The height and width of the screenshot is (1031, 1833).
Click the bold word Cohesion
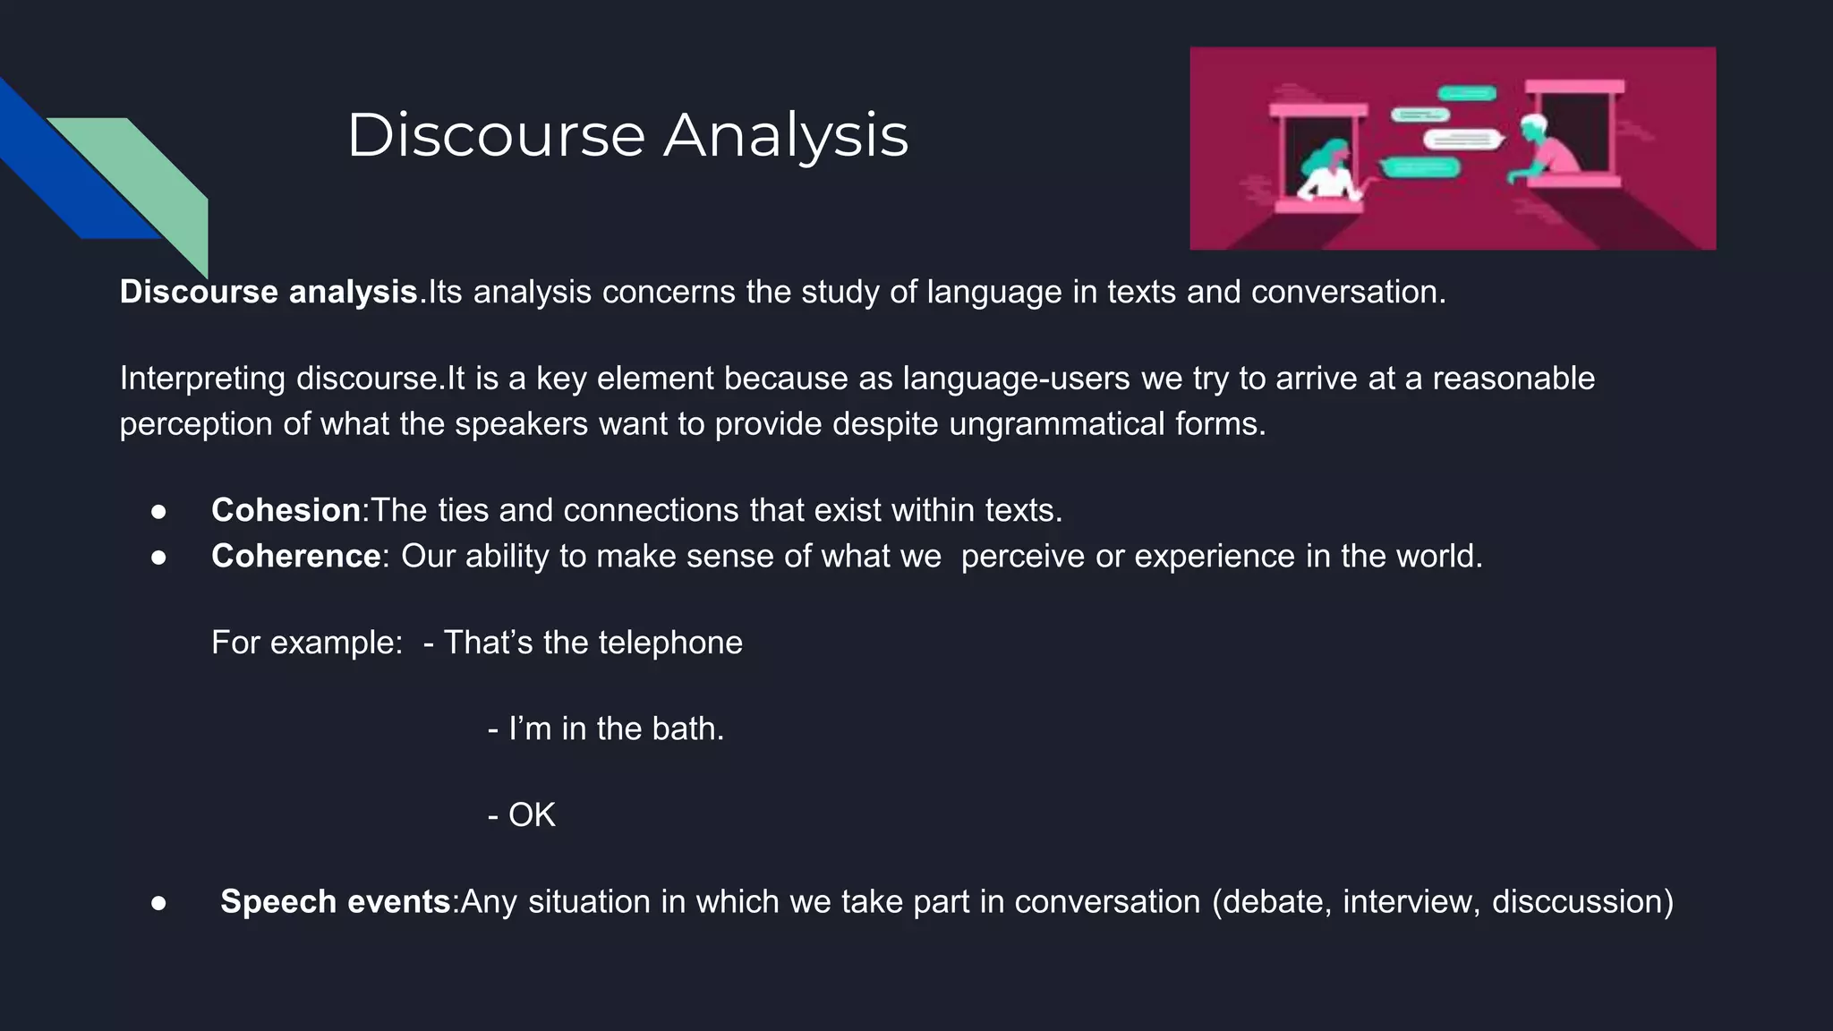(x=286, y=510)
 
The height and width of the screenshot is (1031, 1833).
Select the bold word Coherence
(x=295, y=557)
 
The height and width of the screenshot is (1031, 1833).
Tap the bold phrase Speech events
(x=335, y=901)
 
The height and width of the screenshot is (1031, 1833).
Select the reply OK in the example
(x=532, y=815)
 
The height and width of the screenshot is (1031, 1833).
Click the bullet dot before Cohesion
(x=158, y=511)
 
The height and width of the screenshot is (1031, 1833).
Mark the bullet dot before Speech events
(x=158, y=902)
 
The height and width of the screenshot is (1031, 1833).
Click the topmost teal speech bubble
(x=1467, y=93)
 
